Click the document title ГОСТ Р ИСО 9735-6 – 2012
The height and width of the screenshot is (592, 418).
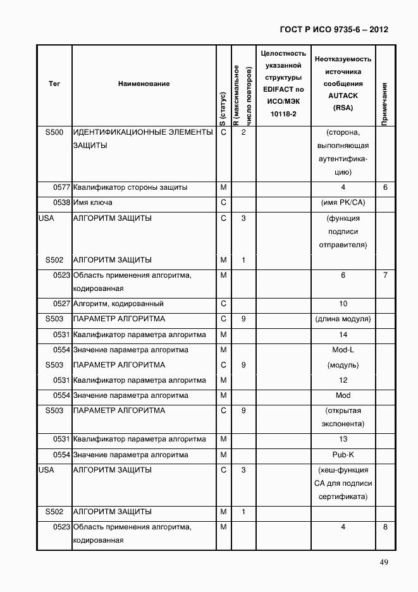333,29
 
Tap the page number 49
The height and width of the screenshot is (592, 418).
383,563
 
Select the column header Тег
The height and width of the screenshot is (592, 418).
54,83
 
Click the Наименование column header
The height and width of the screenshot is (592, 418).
144,83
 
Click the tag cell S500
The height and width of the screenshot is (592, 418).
54,133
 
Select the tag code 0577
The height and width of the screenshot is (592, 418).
61,188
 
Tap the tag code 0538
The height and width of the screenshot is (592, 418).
61,203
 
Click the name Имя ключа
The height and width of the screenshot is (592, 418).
93,203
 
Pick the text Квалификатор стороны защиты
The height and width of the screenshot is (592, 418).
130,188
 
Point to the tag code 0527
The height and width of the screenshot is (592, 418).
61,304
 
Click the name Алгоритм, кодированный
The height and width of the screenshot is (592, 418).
118,304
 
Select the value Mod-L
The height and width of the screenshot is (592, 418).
343,350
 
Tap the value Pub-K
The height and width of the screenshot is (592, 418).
343,455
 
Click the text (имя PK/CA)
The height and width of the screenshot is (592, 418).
343,203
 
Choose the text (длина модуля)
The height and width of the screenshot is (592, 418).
343,319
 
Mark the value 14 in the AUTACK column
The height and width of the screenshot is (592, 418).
343,335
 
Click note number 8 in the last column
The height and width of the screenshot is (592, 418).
385,527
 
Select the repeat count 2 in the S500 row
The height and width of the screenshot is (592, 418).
243,133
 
